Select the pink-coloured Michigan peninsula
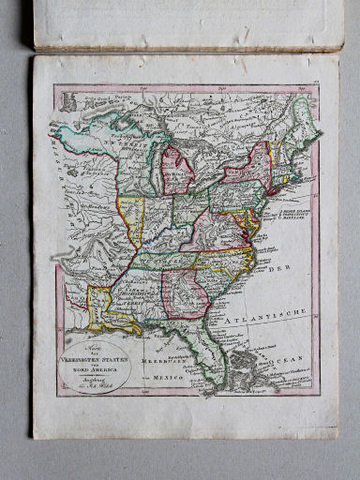tap(173, 169)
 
